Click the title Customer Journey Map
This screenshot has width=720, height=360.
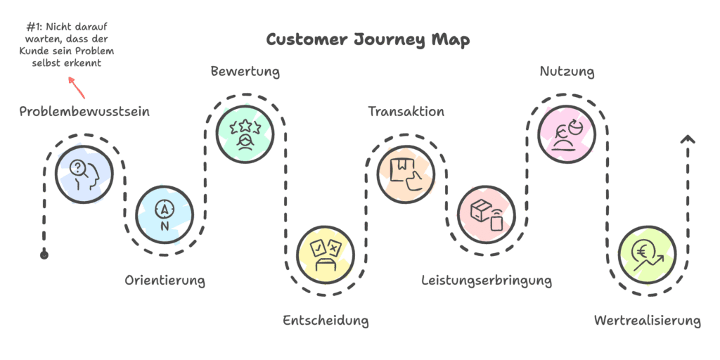tap(368, 39)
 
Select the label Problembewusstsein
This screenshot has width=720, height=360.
tap(84, 112)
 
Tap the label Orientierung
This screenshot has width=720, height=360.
tap(165, 281)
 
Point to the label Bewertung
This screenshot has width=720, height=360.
tap(245, 72)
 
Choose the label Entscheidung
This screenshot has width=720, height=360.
tap(326, 321)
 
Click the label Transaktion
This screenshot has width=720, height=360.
tap(406, 112)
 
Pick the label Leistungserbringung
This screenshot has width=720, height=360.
tap(487, 281)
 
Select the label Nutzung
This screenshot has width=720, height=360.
tap(567, 72)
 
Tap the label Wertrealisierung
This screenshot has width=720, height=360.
tap(647, 321)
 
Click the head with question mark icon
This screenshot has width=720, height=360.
tap(84, 172)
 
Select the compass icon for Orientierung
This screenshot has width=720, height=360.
tap(165, 212)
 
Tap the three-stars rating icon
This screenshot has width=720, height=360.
tap(245, 132)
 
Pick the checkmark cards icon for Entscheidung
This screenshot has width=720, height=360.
tap(326, 253)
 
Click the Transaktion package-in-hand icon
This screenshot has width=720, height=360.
tap(406, 173)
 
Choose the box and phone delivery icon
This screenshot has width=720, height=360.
tap(487, 212)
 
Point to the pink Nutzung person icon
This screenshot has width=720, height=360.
tap(567, 132)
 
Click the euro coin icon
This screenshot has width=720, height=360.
tap(647, 253)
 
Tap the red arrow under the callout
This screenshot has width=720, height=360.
tap(77, 88)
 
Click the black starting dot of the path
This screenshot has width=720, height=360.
tap(44, 255)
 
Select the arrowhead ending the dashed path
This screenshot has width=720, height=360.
tap(688, 139)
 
